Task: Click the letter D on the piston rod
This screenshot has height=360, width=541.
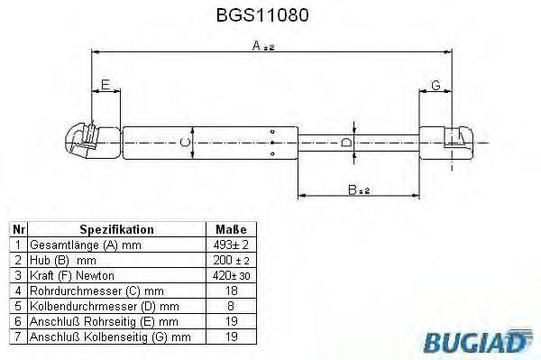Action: [347, 143]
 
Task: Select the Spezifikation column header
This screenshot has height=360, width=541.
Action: [116, 230]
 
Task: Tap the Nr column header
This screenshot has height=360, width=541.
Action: [17, 230]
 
